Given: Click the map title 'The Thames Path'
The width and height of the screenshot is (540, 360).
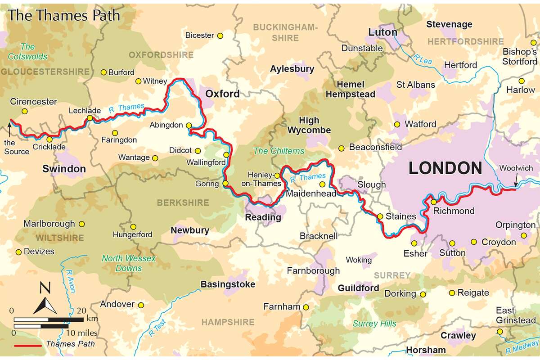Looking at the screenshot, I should pyautogui.click(x=64, y=16).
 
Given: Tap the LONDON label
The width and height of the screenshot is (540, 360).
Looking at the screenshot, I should pyautogui.click(x=445, y=168).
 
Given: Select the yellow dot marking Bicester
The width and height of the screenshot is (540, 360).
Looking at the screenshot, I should pyautogui.click(x=220, y=36).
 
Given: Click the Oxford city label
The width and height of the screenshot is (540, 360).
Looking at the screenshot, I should pyautogui.click(x=222, y=94).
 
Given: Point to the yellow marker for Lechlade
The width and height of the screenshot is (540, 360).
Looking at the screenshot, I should pyautogui.click(x=90, y=118).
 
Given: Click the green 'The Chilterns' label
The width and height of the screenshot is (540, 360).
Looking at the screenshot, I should pyautogui.click(x=279, y=151).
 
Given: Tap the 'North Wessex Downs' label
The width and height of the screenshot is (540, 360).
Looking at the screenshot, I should pyautogui.click(x=128, y=263).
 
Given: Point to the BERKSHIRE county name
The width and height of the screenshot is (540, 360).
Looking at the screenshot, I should pyautogui.click(x=183, y=203).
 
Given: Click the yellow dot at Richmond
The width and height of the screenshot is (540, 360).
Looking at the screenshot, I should pyautogui.click(x=433, y=202).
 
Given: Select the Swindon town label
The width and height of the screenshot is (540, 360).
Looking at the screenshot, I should pyautogui.click(x=64, y=169).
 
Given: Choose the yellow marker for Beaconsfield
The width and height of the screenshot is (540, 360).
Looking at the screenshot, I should pyautogui.click(x=342, y=148).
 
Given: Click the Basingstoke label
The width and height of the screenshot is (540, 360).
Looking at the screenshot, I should pyautogui.click(x=228, y=284).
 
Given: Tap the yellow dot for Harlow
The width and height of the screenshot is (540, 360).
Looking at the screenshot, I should pyautogui.click(x=521, y=81).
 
